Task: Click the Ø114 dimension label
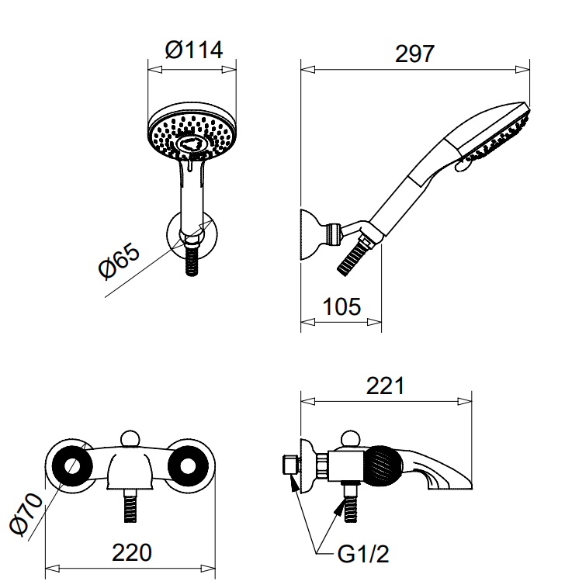click(x=194, y=50)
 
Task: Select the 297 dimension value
click(x=415, y=54)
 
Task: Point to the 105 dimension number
click(x=341, y=306)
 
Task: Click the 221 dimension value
click(x=385, y=386)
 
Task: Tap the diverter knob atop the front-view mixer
click(x=132, y=441)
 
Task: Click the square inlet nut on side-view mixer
click(x=288, y=466)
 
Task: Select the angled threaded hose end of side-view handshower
click(x=356, y=254)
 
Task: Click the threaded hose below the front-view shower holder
click(x=192, y=260)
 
